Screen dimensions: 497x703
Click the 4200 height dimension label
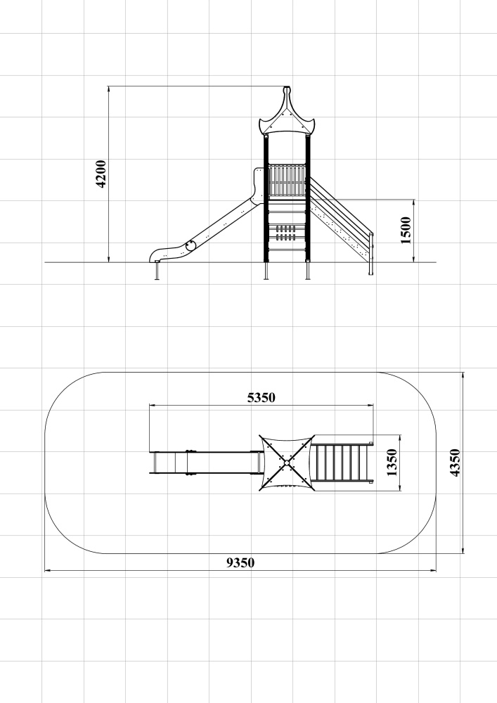click(x=101, y=174)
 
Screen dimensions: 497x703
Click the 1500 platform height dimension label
click(x=406, y=230)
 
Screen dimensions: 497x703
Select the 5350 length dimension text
click(x=262, y=397)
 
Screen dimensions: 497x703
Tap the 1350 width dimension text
click(x=392, y=463)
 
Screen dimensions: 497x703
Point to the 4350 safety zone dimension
click(x=454, y=463)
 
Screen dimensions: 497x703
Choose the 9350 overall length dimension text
click(x=240, y=562)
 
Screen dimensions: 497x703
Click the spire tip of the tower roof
click(x=287, y=88)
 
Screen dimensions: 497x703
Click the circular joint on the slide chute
click(x=191, y=245)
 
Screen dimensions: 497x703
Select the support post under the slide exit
click(x=157, y=271)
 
